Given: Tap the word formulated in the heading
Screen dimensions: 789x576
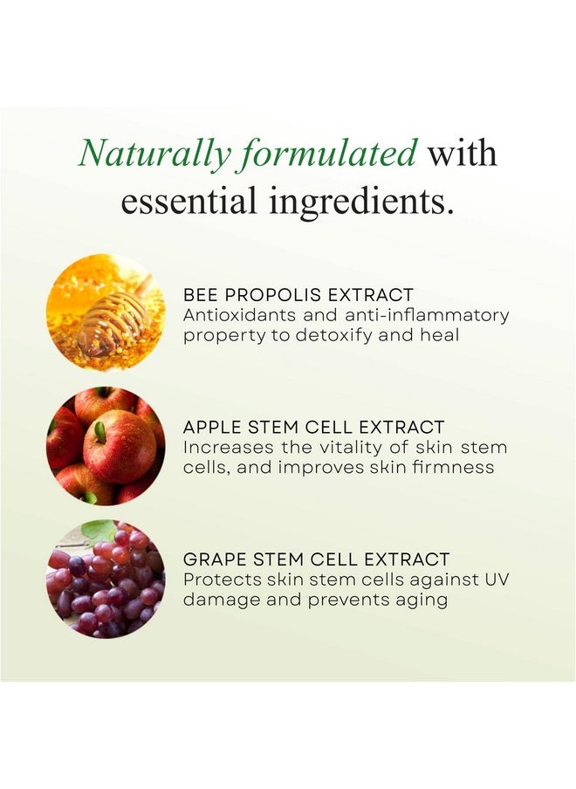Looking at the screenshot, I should point(332,154).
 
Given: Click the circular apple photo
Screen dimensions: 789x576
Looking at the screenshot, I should point(106,446).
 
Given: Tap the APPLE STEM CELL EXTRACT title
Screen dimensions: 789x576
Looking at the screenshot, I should point(313,428).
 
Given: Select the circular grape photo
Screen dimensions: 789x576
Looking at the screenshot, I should point(106,579).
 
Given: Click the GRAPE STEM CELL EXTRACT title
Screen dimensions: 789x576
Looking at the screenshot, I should point(316,559).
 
